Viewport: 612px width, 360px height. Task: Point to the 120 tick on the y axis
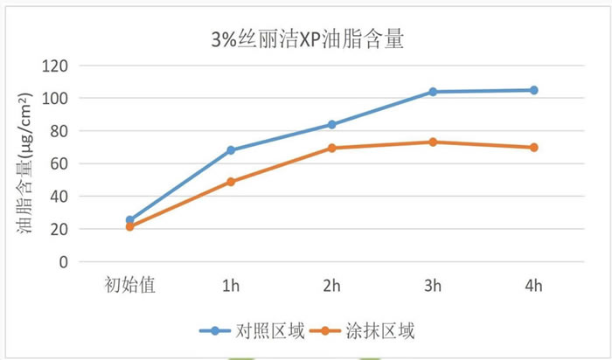[59, 66]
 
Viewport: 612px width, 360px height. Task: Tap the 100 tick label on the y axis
[59, 98]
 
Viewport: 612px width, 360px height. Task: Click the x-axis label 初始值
[129, 285]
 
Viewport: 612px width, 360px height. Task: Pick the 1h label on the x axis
[231, 285]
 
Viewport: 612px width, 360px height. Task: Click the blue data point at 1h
[231, 150]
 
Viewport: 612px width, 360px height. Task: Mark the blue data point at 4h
[533, 90]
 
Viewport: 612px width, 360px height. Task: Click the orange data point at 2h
[331, 148]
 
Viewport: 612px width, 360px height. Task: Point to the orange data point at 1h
[231, 182]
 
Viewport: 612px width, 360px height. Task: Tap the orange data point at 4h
[533, 147]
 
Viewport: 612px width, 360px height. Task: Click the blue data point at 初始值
[130, 220]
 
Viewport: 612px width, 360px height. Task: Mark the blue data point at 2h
[331, 124]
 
